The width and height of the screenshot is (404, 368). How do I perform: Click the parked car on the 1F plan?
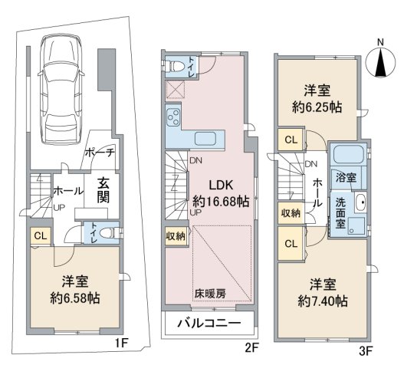(x=61, y=89)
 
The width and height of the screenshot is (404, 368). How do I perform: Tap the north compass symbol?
(x=380, y=62)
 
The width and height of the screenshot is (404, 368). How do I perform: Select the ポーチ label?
(x=99, y=153)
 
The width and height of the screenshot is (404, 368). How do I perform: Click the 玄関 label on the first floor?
(x=103, y=190)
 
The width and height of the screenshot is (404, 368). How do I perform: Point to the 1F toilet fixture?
(x=111, y=233)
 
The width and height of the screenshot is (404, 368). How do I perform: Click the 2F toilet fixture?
(x=174, y=66)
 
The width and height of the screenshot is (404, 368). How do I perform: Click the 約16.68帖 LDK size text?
(x=221, y=202)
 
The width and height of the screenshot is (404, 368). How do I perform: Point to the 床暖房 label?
(x=210, y=294)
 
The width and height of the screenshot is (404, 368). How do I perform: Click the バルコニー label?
(x=209, y=323)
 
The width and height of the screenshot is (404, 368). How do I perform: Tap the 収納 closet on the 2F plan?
(x=176, y=236)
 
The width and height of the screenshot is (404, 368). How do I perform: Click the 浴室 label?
(x=347, y=178)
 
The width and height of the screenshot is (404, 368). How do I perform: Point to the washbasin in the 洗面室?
(x=360, y=202)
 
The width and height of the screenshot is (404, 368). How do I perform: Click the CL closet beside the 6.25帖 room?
(x=291, y=140)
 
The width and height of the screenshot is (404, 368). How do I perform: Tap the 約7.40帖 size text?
(x=323, y=301)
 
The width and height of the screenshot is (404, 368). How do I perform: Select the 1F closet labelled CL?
(x=41, y=236)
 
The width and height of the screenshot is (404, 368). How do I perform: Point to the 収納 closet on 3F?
(x=291, y=213)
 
